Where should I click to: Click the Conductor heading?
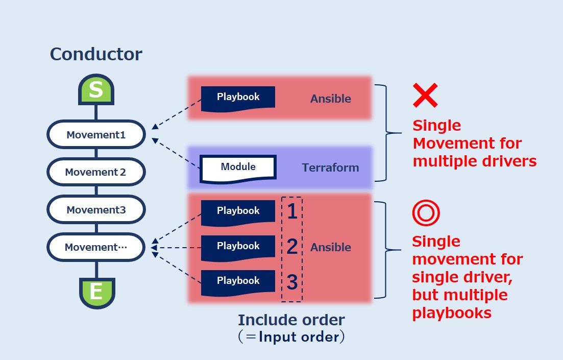96,54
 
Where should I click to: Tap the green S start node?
96,91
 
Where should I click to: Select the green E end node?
96,292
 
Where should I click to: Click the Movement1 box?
96,135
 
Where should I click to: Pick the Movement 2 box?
96,172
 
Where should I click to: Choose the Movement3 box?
96,210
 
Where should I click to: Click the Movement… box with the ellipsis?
96,248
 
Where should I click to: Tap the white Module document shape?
238,168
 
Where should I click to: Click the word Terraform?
330,167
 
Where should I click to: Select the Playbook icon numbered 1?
238,211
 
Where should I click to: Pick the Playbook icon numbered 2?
238,247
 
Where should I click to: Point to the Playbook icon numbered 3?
238,282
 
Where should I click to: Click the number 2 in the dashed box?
292,247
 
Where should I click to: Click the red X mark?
425,95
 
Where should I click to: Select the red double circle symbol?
426,213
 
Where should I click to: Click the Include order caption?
291,321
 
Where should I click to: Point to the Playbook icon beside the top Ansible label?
238,98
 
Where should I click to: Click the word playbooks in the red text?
452,313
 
